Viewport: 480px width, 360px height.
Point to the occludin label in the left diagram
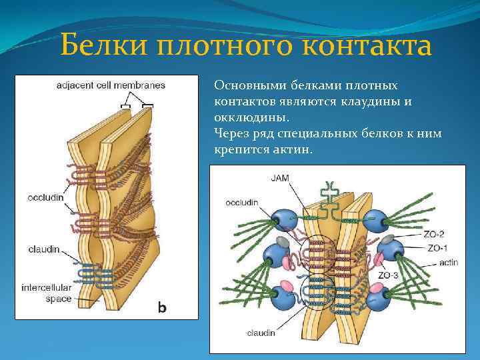(45, 197)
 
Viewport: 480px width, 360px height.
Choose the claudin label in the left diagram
(44, 249)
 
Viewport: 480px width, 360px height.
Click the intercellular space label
(49, 294)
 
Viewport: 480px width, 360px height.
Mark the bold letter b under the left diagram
(161, 307)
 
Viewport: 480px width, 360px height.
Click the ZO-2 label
(435, 235)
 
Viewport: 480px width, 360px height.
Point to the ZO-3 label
(389, 275)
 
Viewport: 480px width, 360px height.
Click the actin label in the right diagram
(449, 263)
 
